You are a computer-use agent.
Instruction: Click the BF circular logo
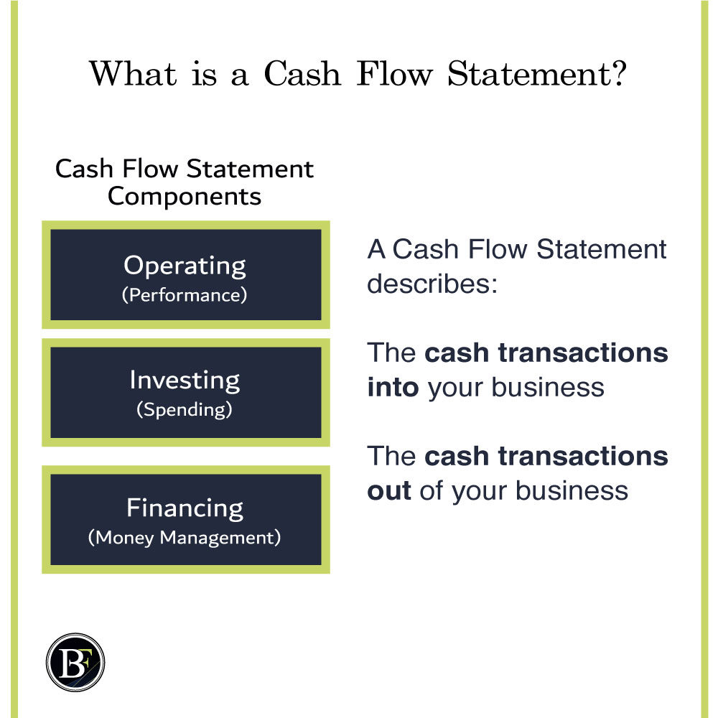[x=75, y=662]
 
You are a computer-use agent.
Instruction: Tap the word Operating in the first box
[x=185, y=266]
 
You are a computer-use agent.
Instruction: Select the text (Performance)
[x=185, y=295]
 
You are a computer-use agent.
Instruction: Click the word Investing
[x=185, y=381]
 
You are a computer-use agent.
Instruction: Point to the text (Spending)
[x=185, y=409]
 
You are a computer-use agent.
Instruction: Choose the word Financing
[x=185, y=509]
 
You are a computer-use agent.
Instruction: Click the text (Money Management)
[x=185, y=538]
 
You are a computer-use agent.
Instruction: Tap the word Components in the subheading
[x=185, y=197]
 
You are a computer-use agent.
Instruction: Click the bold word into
[x=393, y=387]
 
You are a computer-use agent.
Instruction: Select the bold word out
[x=388, y=490]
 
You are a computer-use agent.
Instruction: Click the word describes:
[x=432, y=284]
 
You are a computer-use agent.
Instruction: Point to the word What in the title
[x=133, y=73]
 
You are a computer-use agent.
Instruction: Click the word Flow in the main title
[x=394, y=73]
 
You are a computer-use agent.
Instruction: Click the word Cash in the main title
[x=303, y=73]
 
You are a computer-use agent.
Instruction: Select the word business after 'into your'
[x=548, y=387]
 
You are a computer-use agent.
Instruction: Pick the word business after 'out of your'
[x=572, y=490]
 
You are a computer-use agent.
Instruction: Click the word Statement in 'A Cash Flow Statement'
[x=601, y=249]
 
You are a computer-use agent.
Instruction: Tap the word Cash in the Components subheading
[x=84, y=169]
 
